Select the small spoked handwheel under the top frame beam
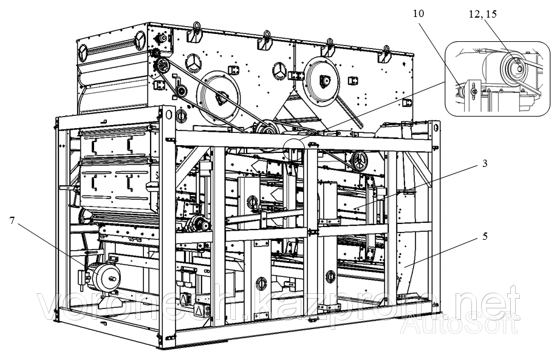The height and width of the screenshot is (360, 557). [359, 162]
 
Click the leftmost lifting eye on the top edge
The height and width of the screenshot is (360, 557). [196, 27]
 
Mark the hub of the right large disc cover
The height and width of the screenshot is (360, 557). [323, 78]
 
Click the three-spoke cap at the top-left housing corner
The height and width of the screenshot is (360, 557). [139, 40]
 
